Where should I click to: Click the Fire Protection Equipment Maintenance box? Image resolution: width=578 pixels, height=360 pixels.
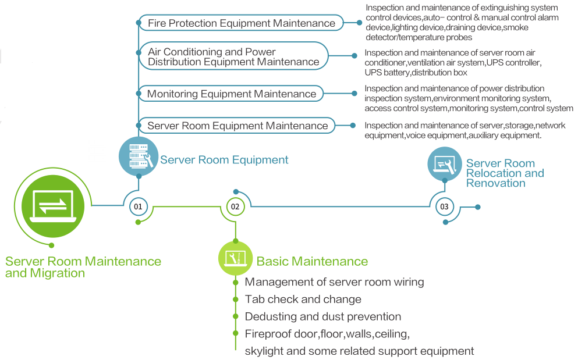[242, 23]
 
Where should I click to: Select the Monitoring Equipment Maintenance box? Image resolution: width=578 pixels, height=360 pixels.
[231, 94]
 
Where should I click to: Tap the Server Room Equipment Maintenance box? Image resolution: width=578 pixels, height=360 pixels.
[237, 126]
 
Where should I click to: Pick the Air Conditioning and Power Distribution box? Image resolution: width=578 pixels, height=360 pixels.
[233, 56]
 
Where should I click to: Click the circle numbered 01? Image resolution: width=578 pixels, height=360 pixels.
[138, 206]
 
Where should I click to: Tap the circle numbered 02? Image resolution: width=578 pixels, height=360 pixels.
[235, 206]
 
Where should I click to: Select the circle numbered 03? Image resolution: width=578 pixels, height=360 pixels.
[444, 206]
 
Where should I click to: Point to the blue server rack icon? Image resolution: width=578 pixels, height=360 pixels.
[139, 156]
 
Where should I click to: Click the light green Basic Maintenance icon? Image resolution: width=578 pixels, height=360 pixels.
[235, 258]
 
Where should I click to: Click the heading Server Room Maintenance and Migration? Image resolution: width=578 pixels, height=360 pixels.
[83, 267]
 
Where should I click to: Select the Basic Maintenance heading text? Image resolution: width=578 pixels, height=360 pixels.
[312, 262]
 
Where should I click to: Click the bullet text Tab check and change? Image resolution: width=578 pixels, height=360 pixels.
[303, 300]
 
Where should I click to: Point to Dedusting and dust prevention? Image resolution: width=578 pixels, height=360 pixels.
[322, 317]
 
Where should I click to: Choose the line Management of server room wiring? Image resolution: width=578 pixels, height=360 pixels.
[334, 282]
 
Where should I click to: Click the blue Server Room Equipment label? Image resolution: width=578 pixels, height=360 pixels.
[224, 160]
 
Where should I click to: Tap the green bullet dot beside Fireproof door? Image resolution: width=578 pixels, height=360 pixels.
[235, 333]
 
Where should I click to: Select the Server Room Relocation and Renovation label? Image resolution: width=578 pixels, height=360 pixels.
[505, 173]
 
